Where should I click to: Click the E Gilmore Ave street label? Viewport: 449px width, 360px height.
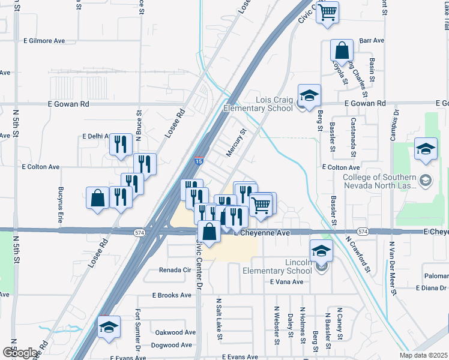coord(44,41)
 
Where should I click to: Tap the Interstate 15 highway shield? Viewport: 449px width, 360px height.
coord(199,161)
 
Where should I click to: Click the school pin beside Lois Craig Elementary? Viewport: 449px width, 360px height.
coord(309,95)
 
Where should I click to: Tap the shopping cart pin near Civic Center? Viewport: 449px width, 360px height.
coord(327,11)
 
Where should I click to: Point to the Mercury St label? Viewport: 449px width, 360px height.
coord(236,143)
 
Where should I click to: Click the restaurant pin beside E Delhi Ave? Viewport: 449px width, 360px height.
coord(121,144)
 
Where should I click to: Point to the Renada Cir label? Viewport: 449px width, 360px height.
coord(175,270)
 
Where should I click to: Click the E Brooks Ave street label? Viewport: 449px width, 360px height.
coord(171,295)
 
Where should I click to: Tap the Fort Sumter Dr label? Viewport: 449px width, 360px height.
coord(138,329)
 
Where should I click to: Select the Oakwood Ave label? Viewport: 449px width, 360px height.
coord(175,332)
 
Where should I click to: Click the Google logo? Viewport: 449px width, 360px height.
coord(20,353)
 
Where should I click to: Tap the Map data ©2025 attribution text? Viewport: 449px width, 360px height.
coord(423,355)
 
